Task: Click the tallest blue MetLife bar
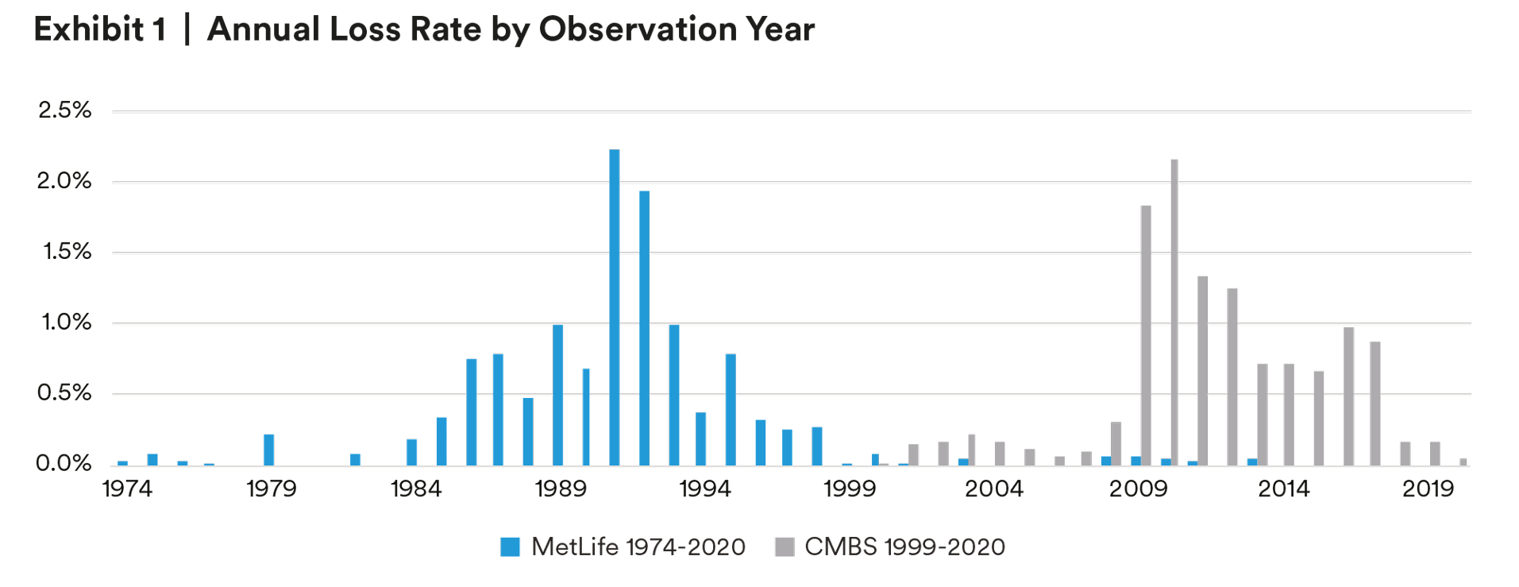tap(614, 307)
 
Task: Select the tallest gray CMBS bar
tap(1174, 311)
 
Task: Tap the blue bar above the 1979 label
tap(269, 450)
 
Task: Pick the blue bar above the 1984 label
tap(411, 452)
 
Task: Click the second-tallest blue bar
tap(644, 327)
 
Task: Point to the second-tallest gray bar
tap(1146, 334)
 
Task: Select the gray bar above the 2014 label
tap(1288, 414)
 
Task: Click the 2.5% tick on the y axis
tap(64, 110)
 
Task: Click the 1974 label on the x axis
tap(127, 489)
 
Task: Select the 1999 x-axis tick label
tap(849, 489)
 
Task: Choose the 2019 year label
tap(1428, 489)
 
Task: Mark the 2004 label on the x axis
tap(993, 489)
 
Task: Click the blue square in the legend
tap(510, 546)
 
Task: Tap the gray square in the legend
tap(785, 546)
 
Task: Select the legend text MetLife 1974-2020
tap(638, 546)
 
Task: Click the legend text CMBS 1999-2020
tap(904, 546)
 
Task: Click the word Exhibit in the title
tap(89, 29)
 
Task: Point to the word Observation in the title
tap(638, 29)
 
